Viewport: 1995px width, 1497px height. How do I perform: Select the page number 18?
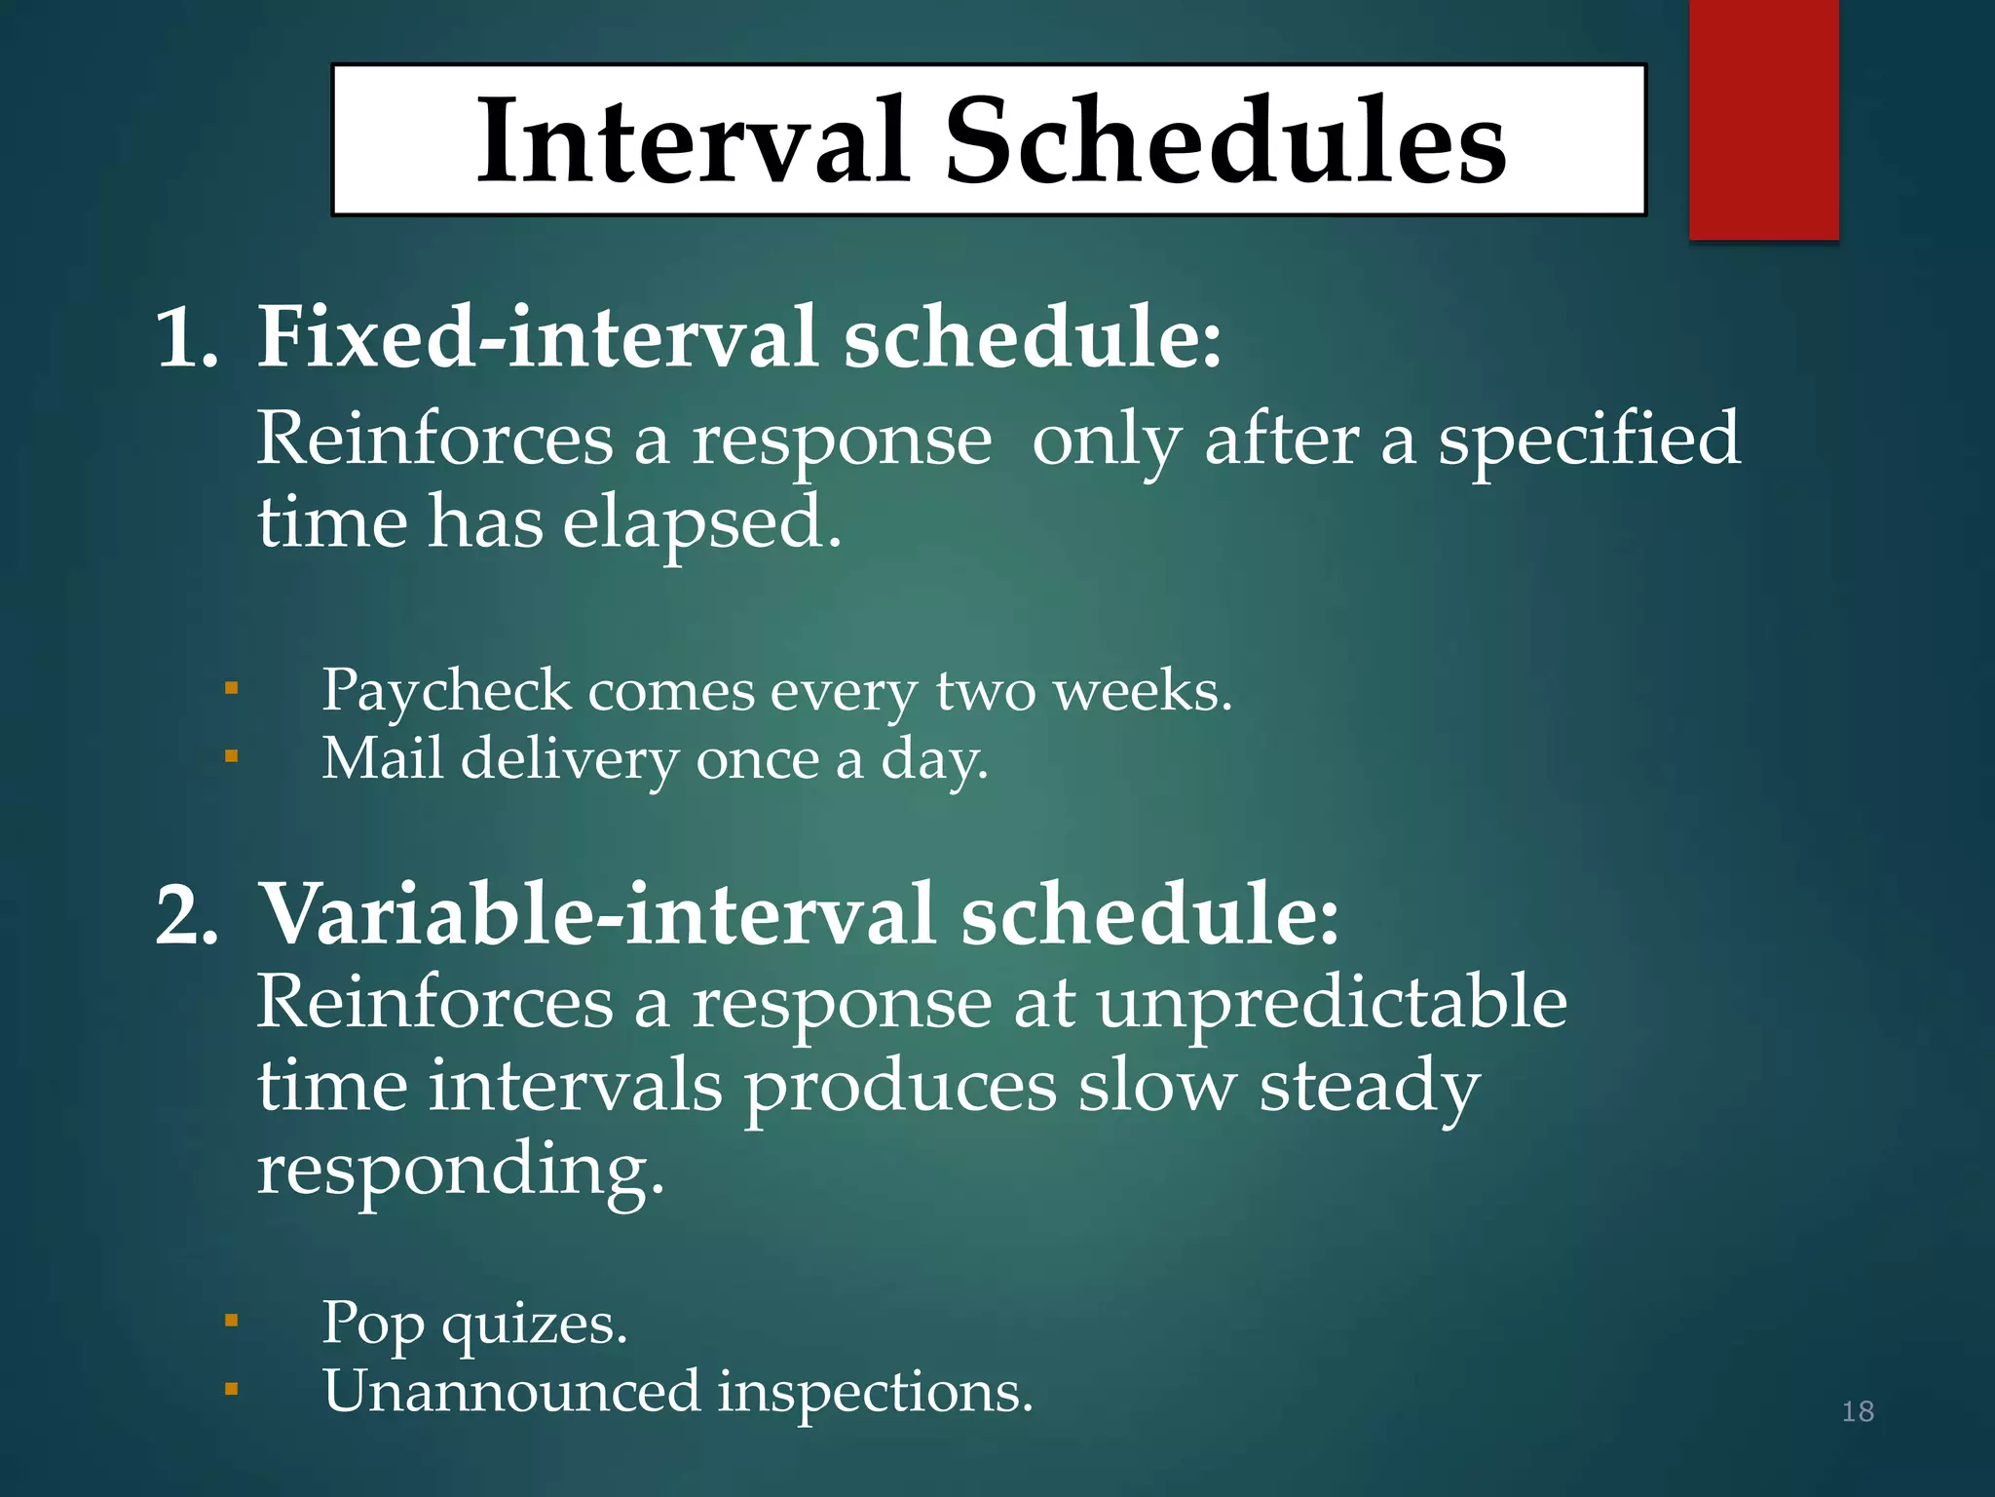click(1858, 1410)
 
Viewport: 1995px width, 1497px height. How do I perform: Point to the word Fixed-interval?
click(536, 337)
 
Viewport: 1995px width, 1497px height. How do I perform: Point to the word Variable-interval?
click(596, 914)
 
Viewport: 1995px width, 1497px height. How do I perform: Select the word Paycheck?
click(446, 692)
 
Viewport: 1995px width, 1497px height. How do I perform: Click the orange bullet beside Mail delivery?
click(231, 755)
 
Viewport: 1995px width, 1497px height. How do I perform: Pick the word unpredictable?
click(1332, 1004)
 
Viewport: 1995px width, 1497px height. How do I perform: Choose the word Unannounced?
click(510, 1391)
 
